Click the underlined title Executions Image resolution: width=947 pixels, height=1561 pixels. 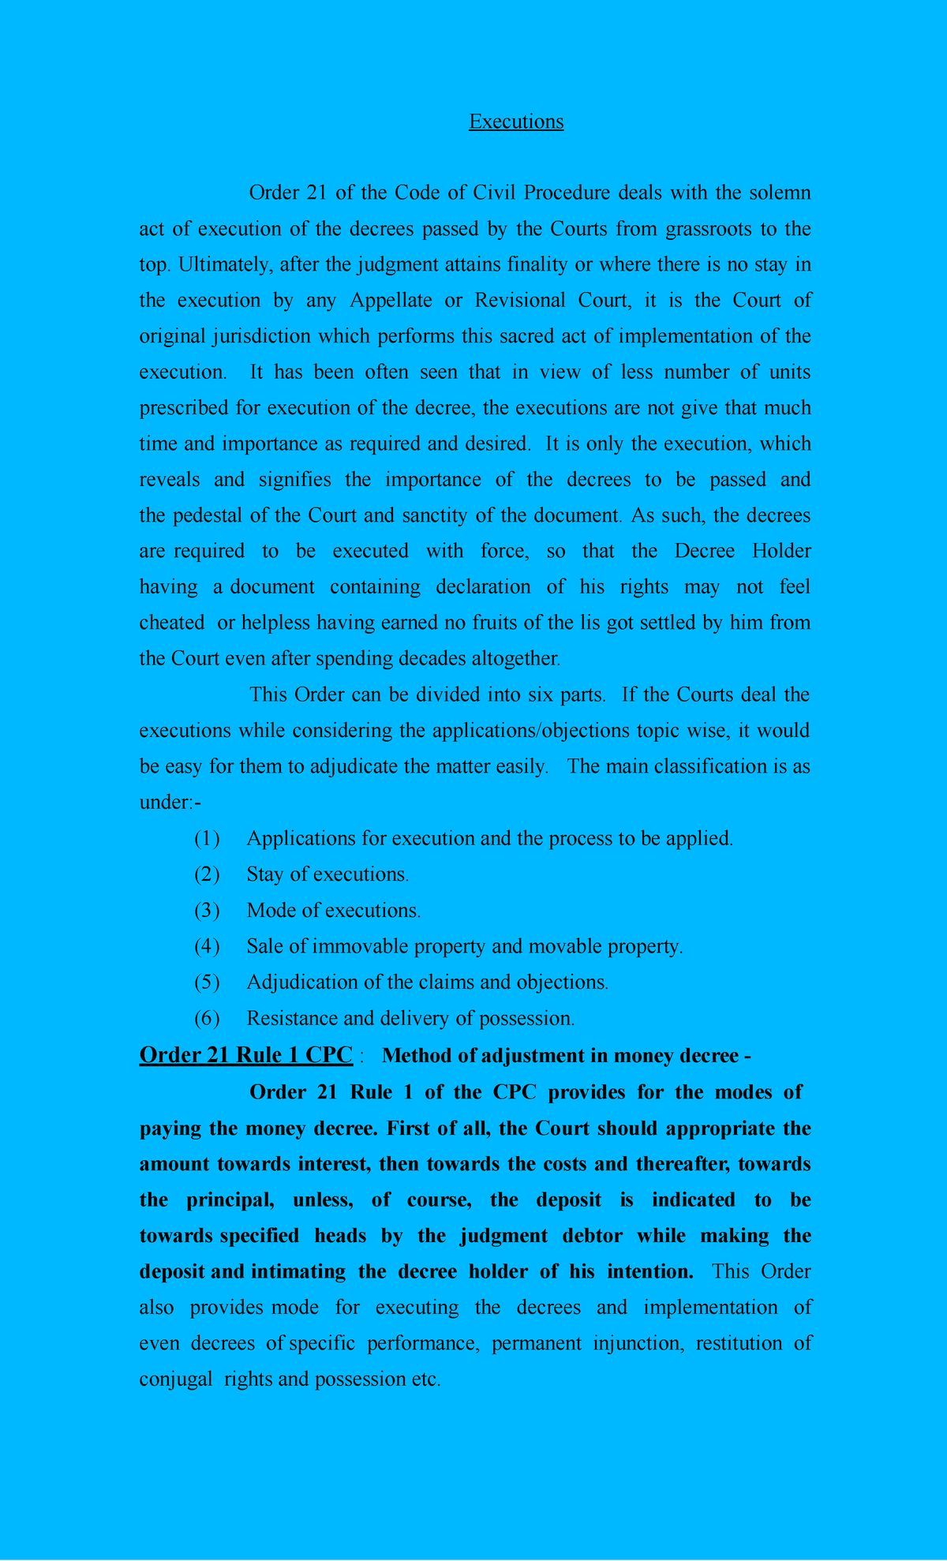(516, 122)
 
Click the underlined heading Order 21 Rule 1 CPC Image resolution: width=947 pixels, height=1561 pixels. (245, 1055)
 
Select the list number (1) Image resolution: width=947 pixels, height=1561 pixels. (207, 838)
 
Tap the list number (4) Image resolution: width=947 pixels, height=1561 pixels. (207, 946)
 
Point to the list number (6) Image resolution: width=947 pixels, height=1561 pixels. (207, 1018)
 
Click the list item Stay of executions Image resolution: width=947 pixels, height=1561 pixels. (328, 874)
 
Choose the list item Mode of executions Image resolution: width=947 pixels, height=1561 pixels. (333, 911)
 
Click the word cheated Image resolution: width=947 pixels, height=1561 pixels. (172, 623)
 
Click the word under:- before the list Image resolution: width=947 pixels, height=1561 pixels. (170, 803)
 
